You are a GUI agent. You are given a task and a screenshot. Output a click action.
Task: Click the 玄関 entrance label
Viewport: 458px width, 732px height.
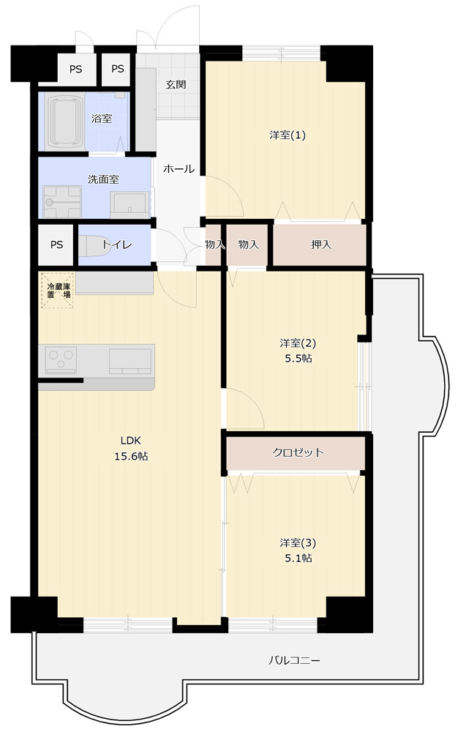(176, 84)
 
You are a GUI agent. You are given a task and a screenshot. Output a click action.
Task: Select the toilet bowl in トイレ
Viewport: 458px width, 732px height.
(94, 245)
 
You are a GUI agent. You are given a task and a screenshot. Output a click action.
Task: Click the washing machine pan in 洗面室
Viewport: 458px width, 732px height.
(62, 201)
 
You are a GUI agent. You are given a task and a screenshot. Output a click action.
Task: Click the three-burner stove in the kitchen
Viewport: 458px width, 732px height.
(61, 360)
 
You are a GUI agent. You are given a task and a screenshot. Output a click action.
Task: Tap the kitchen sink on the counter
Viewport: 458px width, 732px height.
(130, 361)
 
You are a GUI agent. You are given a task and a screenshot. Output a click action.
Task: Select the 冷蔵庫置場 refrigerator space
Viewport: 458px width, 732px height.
(58, 291)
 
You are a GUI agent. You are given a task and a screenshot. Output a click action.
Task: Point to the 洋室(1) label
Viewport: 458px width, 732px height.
(288, 135)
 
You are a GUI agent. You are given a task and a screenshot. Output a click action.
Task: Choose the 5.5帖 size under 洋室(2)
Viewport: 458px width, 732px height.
(299, 359)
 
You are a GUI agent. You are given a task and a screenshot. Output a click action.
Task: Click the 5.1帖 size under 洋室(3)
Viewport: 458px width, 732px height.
(299, 558)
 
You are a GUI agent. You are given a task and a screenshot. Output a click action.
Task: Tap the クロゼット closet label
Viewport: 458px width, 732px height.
(298, 452)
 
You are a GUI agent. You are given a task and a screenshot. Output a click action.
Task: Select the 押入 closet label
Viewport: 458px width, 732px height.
(321, 244)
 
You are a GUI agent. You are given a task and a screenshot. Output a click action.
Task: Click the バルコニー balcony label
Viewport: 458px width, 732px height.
(294, 660)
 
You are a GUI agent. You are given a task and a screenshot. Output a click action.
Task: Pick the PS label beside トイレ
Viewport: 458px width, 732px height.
(56, 244)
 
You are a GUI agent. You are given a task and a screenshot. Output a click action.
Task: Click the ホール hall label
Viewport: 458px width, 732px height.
(179, 168)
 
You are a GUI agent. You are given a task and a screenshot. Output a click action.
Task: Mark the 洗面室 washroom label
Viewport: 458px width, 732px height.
(103, 179)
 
